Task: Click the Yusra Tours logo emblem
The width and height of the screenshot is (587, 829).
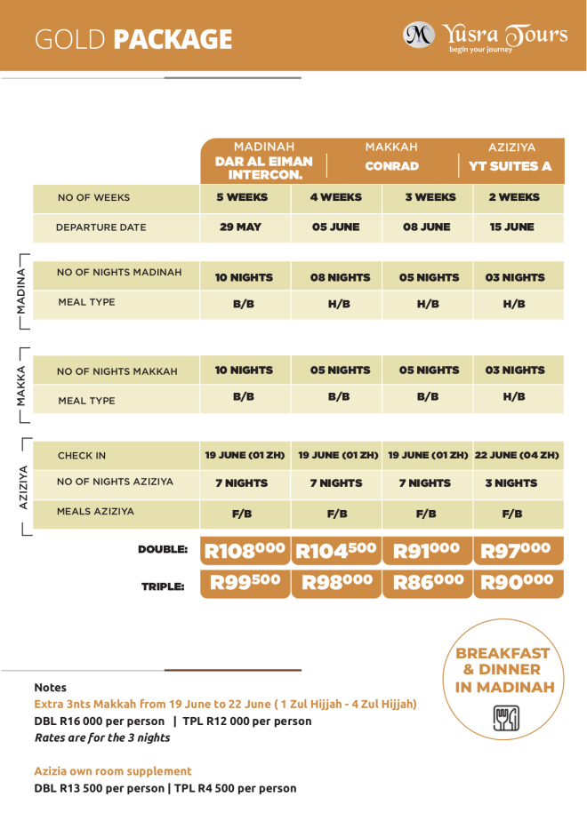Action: pyautogui.click(x=419, y=35)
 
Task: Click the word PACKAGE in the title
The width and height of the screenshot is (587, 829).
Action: pyautogui.click(x=173, y=39)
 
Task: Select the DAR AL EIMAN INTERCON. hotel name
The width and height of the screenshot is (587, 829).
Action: pyautogui.click(x=263, y=168)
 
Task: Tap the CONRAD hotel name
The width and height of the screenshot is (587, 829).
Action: pyautogui.click(x=391, y=166)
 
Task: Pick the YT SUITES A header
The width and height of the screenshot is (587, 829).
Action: pyautogui.click(x=510, y=166)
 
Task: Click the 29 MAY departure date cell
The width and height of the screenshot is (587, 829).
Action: pyautogui.click(x=240, y=227)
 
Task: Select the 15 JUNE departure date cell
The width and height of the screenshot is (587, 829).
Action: pyautogui.click(x=511, y=227)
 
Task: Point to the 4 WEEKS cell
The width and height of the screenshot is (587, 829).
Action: pyautogui.click(x=335, y=197)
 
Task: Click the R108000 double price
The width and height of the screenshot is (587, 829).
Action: pyautogui.click(x=245, y=551)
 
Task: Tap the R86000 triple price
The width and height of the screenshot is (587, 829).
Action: pyautogui.click(x=428, y=583)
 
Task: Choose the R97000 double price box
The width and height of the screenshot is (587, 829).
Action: pyautogui.click(x=518, y=551)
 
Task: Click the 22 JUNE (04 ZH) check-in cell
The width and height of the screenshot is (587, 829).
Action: pyautogui.click(x=517, y=455)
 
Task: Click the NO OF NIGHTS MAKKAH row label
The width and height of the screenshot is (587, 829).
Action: pyautogui.click(x=117, y=371)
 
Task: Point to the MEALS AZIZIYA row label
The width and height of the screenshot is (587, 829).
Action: pyautogui.click(x=95, y=512)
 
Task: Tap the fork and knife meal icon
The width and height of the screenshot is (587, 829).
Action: pyautogui.click(x=506, y=718)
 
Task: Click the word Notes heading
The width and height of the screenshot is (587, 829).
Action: pyautogui.click(x=50, y=688)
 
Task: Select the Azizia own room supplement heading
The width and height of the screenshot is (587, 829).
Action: pyautogui.click(x=113, y=771)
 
